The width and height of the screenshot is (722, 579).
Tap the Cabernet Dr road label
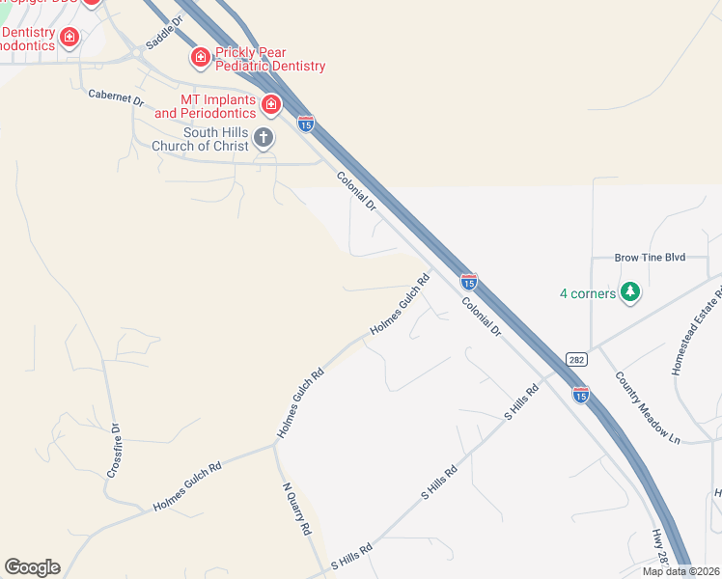pyautogui.click(x=115, y=96)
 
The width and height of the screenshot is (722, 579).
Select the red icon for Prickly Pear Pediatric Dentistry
pyautogui.click(x=201, y=57)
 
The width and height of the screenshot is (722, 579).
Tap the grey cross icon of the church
pyautogui.click(x=263, y=138)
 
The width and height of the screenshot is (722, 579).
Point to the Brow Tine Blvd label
pyautogui.click(x=650, y=258)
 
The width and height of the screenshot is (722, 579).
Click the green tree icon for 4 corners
pyautogui.click(x=630, y=291)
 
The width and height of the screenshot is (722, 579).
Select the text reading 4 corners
pyautogui.click(x=588, y=293)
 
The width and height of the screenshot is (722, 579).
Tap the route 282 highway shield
pyautogui.click(x=575, y=357)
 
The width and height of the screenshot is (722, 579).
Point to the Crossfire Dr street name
pyautogui.click(x=113, y=451)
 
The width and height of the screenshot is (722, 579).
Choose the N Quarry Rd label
pyautogui.click(x=296, y=509)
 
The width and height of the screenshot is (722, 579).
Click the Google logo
pyautogui.click(x=32, y=567)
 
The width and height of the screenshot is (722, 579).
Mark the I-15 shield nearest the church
pyautogui.click(x=306, y=124)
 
